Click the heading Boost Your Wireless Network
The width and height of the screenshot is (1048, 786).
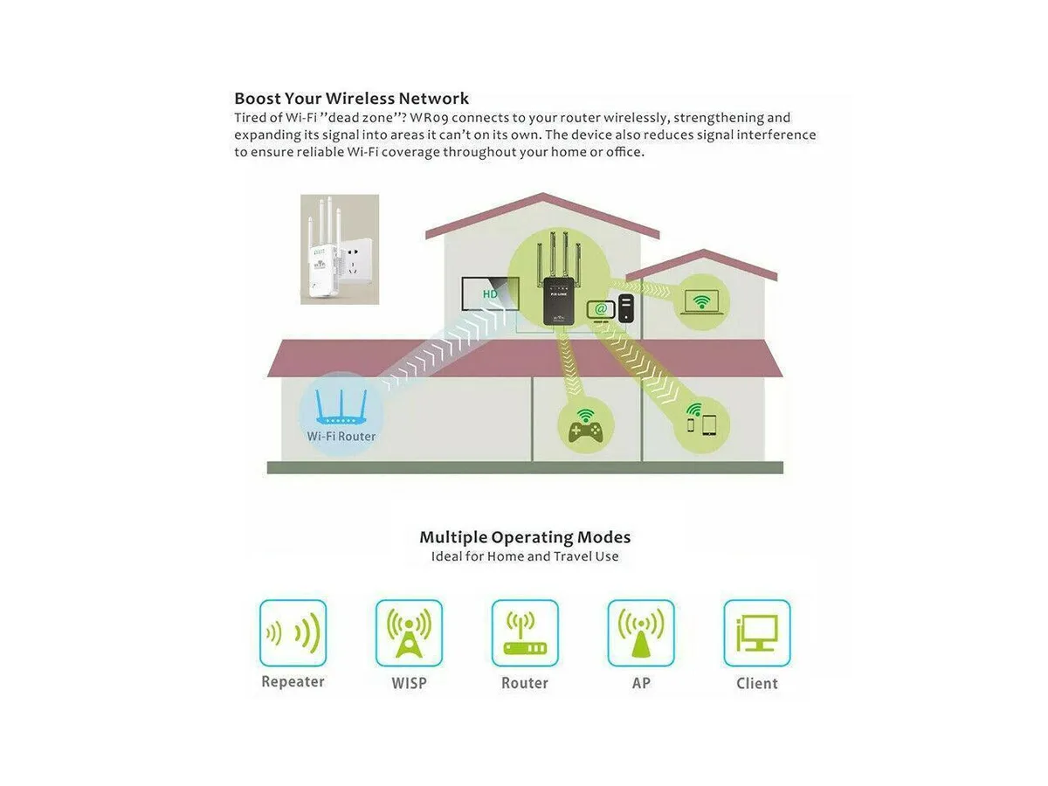coord(351,99)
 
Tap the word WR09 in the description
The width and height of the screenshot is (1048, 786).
coord(429,117)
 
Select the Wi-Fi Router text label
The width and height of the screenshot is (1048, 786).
coord(341,436)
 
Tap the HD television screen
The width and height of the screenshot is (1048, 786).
coord(490,293)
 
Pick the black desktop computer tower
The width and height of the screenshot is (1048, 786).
coord(626,307)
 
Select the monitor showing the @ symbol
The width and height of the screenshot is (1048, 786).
coord(601,311)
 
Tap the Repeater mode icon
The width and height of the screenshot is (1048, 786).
coord(293,633)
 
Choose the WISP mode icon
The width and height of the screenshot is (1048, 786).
coord(409,633)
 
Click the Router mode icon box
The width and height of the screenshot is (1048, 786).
coord(525,633)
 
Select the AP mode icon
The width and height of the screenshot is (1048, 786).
coord(641,633)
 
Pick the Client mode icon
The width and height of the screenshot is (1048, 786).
coord(757,633)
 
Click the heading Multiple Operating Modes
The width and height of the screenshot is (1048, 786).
coord(525,537)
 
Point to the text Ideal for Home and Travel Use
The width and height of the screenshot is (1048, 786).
coord(525,556)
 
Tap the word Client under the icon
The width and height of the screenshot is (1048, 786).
coord(757,684)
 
